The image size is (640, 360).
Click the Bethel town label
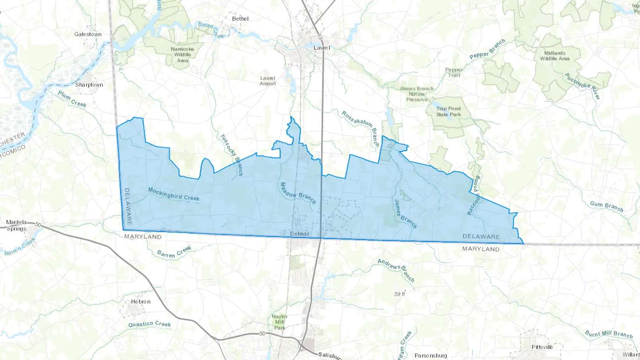[240, 18]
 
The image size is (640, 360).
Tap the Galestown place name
[88, 34]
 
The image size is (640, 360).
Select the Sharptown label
[89, 85]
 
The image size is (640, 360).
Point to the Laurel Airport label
[268, 81]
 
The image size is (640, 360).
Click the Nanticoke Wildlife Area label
[182, 55]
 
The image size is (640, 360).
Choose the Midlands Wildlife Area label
[555, 56]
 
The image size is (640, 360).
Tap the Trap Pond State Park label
[448, 111]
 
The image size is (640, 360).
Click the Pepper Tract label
[454, 72]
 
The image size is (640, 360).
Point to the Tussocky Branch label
[231, 155]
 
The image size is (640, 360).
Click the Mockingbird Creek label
[174, 194]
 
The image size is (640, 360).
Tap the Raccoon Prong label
[474, 195]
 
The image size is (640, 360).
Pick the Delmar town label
[299, 233]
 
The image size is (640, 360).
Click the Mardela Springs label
[16, 225]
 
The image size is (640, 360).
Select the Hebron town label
[141, 301]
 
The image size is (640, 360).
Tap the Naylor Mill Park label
[279, 322]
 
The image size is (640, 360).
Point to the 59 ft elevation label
[400, 294]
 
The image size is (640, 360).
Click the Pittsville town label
[542, 347]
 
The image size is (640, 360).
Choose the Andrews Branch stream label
[396, 270]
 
